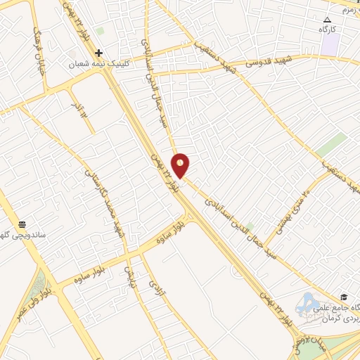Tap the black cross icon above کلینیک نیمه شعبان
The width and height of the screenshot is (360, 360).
click(x=98, y=53)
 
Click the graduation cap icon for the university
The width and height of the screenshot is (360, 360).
click(x=343, y=297)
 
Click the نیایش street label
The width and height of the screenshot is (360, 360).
click(x=129, y=276)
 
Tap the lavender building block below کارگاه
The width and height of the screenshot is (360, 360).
click(x=331, y=44)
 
